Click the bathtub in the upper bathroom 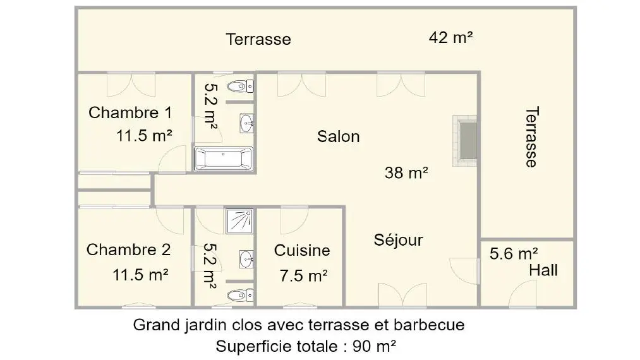tap(224, 159)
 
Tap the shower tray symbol tap(239, 221)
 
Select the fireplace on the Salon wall tap(465, 140)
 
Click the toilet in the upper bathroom tap(240, 86)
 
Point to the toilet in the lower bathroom tap(240, 295)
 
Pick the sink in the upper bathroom tap(246, 123)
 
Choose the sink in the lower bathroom tap(246, 260)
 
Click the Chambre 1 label tap(130, 112)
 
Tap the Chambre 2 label tap(129, 249)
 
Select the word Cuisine tap(302, 250)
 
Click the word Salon tap(339, 136)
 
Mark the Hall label tap(543, 270)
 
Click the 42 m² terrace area tap(450, 37)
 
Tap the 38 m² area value tap(406, 172)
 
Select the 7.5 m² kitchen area tap(303, 276)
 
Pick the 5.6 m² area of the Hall tap(514, 254)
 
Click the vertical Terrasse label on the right tap(531, 137)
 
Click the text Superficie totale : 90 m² tap(306, 346)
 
